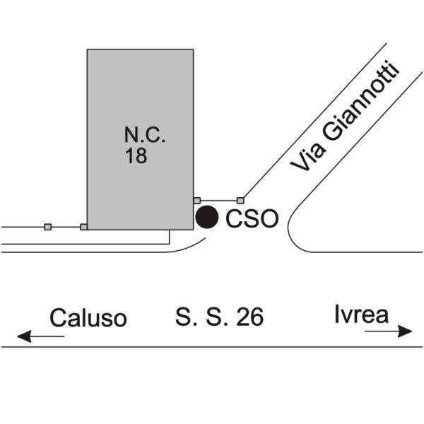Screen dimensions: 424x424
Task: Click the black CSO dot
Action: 207,217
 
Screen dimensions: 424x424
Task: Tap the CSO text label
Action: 252,218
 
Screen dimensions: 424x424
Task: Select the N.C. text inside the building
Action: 145,135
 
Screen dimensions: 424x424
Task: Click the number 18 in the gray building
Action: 136,155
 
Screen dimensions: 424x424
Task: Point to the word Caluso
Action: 88,318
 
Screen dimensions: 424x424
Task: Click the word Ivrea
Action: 362,314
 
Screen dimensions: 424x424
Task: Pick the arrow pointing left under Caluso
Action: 40,336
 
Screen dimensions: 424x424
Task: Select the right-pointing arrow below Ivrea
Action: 388,331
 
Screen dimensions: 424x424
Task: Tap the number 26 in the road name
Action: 250,317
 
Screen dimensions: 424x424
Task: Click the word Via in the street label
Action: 307,157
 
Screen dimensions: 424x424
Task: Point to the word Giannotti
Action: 360,100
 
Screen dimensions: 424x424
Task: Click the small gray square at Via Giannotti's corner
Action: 240,201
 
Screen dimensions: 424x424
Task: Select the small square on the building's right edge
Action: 197,201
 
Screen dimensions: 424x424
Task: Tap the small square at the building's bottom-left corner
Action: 84,227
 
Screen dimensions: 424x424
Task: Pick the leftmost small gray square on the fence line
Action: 47,227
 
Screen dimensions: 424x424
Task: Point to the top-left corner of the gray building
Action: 87,49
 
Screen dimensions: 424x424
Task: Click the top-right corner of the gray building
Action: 194,49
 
